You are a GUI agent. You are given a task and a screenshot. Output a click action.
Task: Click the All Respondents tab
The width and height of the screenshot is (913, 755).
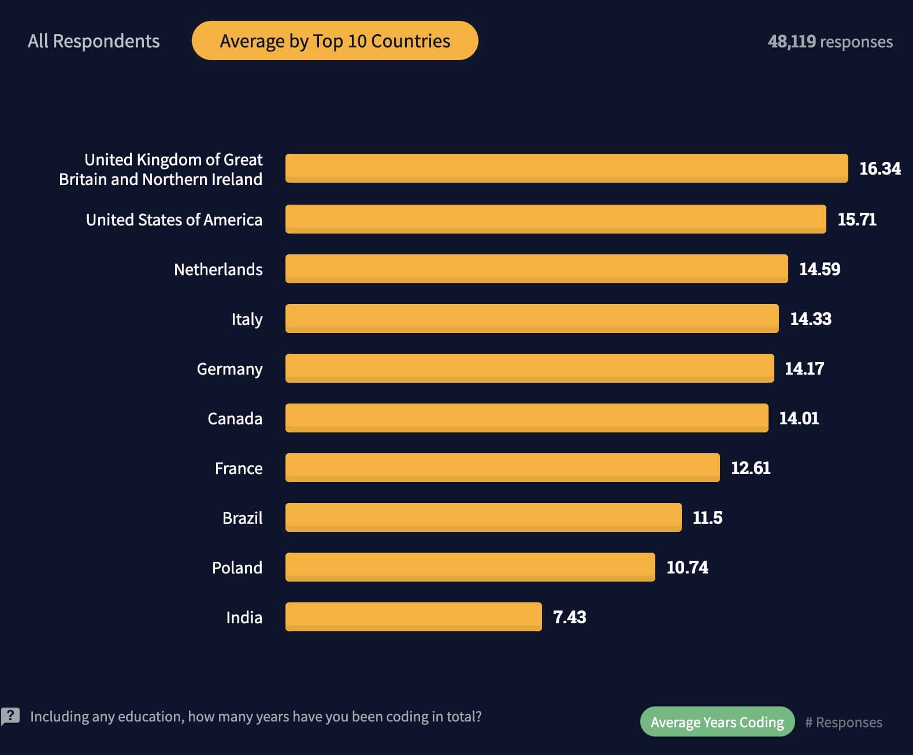click(x=94, y=41)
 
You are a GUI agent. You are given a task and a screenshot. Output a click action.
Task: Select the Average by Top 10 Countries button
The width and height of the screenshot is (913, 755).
click(x=335, y=41)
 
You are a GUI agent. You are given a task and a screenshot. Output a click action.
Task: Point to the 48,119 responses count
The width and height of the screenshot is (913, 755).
click(x=830, y=42)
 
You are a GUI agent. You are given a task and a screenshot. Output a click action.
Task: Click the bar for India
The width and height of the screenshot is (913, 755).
click(x=413, y=617)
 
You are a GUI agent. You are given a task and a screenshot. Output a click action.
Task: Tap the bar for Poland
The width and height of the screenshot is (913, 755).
click(x=470, y=567)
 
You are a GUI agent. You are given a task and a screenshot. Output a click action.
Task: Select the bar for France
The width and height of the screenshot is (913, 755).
click(x=502, y=468)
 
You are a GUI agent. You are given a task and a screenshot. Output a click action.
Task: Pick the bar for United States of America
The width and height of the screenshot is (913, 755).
click(x=555, y=219)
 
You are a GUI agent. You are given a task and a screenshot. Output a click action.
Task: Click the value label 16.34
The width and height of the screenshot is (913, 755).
click(x=879, y=168)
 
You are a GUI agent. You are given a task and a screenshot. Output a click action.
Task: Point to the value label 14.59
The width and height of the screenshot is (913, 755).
click(x=819, y=269)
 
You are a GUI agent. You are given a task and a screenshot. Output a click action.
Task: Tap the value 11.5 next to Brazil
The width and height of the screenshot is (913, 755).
click(x=707, y=517)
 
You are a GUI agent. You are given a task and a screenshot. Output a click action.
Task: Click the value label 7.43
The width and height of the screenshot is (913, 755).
click(x=569, y=617)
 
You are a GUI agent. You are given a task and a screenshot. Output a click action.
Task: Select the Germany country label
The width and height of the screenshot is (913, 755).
click(x=229, y=369)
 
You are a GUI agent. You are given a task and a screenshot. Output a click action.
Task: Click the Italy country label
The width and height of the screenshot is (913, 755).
click(x=247, y=319)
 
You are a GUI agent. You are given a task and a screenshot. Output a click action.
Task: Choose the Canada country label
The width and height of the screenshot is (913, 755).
click(x=235, y=419)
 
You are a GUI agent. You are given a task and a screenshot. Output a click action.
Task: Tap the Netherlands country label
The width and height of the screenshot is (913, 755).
click(x=218, y=269)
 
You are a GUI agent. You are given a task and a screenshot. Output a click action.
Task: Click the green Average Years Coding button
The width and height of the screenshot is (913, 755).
click(x=717, y=722)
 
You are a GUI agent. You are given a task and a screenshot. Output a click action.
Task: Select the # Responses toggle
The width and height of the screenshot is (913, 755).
click(x=843, y=722)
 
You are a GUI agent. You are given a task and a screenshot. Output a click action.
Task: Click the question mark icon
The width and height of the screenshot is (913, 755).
click(x=10, y=716)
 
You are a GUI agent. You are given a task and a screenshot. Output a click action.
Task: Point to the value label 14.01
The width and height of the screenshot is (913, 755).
click(x=799, y=418)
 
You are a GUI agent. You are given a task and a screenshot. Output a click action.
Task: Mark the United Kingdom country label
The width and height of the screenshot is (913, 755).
click(x=161, y=169)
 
